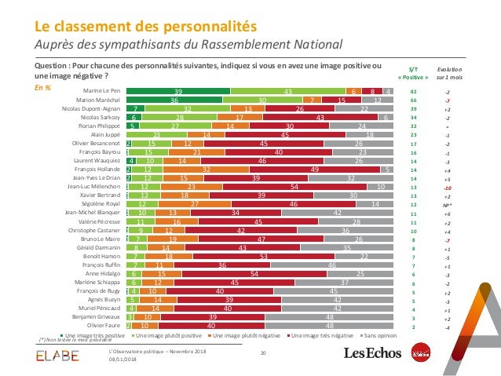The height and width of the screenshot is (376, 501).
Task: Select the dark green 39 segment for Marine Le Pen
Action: pyautogui.click(x=178, y=92)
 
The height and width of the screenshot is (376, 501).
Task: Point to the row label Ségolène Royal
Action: pyautogui.click(x=101, y=203)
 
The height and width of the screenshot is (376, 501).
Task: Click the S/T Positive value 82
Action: pyautogui.click(x=413, y=92)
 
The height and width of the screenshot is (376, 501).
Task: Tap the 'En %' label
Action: pyautogui.click(x=42, y=88)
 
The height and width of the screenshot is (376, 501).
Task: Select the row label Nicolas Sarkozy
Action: pyautogui.click(x=101, y=118)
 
